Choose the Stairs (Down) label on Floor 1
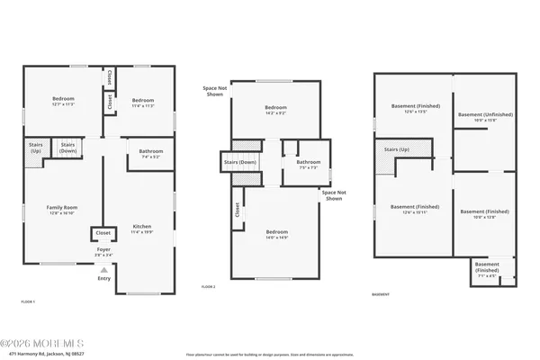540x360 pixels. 67,146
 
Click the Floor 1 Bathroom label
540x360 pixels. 151,153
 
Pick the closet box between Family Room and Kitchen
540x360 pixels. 103,233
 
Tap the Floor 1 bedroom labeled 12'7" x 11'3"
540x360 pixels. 62,101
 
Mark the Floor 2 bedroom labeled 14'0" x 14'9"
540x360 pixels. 277,235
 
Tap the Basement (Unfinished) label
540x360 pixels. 483,116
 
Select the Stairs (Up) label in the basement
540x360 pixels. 398,149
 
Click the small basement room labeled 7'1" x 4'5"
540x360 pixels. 488,272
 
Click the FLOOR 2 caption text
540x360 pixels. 208,286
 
